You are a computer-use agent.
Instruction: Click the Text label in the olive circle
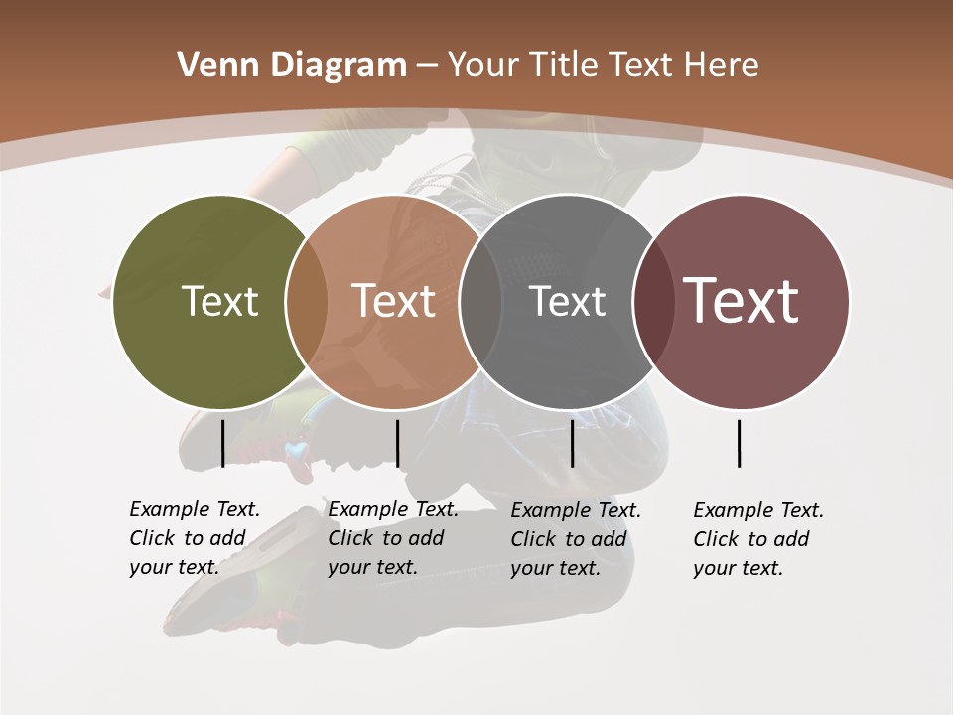click(x=219, y=301)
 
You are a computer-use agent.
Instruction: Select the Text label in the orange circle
click(x=394, y=301)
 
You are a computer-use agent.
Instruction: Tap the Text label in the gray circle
click(x=568, y=301)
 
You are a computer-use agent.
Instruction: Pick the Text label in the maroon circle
click(x=742, y=301)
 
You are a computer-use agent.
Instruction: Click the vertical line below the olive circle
click(x=222, y=443)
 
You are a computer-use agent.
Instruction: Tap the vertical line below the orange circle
click(x=397, y=443)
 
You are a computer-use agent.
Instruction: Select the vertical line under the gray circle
click(x=572, y=443)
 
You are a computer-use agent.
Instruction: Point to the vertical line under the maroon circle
click(x=740, y=443)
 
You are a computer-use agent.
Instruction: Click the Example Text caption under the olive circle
click(x=195, y=538)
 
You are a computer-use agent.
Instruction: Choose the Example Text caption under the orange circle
click(x=393, y=538)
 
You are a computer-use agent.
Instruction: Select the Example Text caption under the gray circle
click(x=576, y=539)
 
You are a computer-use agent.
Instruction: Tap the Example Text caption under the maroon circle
click(x=758, y=539)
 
